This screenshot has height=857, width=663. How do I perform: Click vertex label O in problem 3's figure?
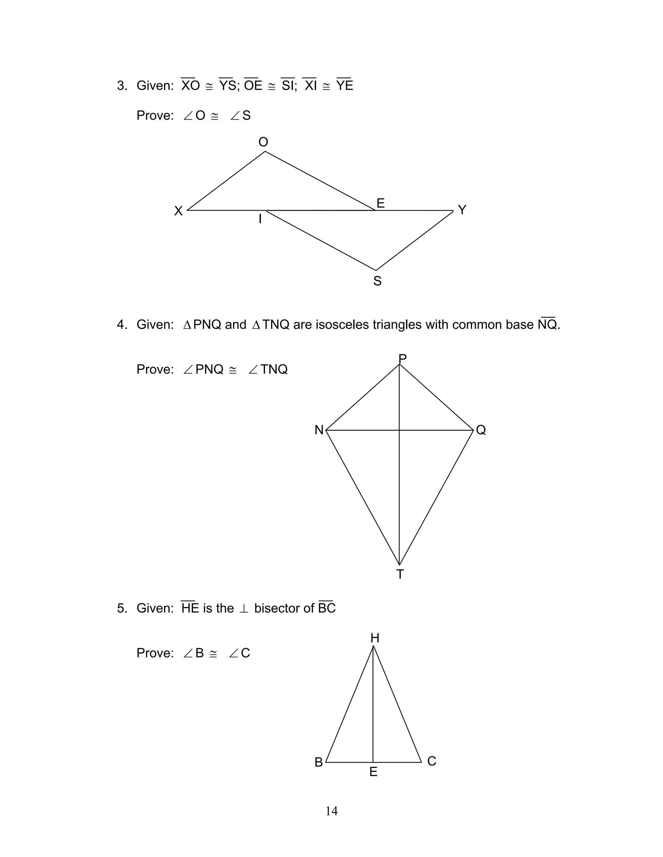coord(263,142)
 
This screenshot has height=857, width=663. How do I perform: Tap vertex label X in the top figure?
coord(178,211)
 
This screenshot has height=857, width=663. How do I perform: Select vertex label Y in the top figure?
coord(462,210)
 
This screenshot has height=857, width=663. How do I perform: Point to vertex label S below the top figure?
coord(377,281)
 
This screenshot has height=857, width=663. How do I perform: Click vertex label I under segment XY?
coord(260,219)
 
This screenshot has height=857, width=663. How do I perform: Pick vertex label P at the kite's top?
coord(402,358)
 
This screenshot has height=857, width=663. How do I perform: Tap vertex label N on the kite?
coord(319,430)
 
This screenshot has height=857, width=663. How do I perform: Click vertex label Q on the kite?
coord(481,430)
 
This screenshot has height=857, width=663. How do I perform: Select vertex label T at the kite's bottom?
coord(400,574)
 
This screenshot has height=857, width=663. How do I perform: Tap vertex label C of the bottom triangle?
coord(432,761)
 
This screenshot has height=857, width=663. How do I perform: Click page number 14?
coord(331,811)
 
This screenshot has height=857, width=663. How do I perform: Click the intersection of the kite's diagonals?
coord(399,430)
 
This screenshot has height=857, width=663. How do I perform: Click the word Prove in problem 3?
coord(155,115)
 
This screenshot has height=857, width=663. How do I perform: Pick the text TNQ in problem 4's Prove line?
coord(274,369)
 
